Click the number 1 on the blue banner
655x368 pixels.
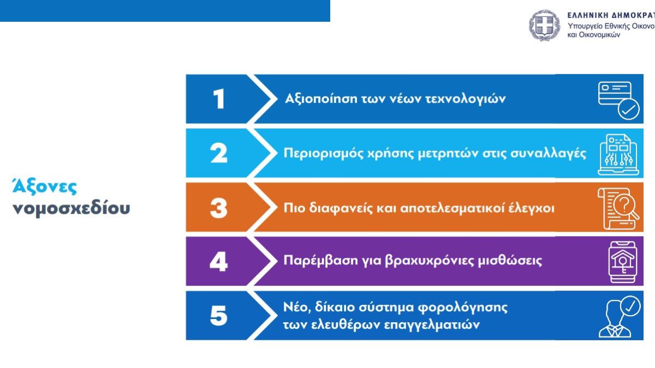click(219, 99)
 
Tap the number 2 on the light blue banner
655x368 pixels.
click(219, 153)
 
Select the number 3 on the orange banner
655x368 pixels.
click(219, 208)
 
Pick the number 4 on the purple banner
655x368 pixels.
click(219, 262)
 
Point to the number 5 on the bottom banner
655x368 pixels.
click(219, 316)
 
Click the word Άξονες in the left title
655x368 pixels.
click(45, 186)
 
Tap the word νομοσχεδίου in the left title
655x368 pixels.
click(72, 208)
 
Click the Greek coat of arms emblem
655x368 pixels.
click(544, 25)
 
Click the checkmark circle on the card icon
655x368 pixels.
click(629, 109)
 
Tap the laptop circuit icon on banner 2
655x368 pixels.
click(618, 155)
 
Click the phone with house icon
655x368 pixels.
click(623, 262)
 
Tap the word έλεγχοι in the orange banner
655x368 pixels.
click(532, 208)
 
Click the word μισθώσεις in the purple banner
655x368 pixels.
click(510, 260)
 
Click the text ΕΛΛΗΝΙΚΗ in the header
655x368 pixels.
click(587, 15)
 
